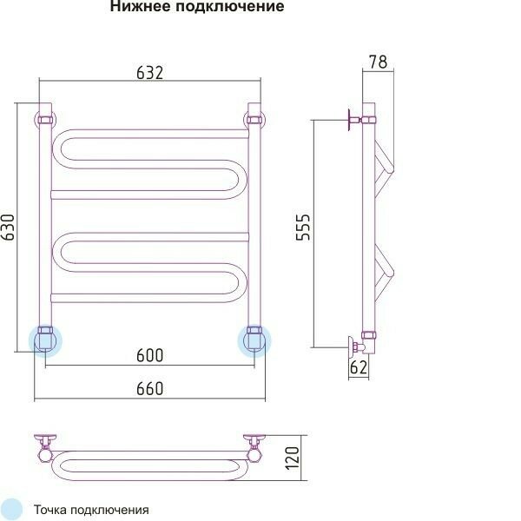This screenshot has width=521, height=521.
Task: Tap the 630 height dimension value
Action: click(x=9, y=228)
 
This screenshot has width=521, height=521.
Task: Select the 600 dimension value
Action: click(x=149, y=355)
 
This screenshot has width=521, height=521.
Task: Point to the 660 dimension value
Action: click(x=149, y=389)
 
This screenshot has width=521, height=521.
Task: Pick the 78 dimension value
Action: click(x=378, y=62)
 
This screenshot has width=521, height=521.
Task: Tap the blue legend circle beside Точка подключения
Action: click(x=12, y=510)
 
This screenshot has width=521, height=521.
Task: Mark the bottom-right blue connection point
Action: click(x=254, y=339)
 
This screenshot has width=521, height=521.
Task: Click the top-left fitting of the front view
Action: click(x=44, y=117)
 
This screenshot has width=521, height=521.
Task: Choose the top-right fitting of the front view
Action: click(x=254, y=117)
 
